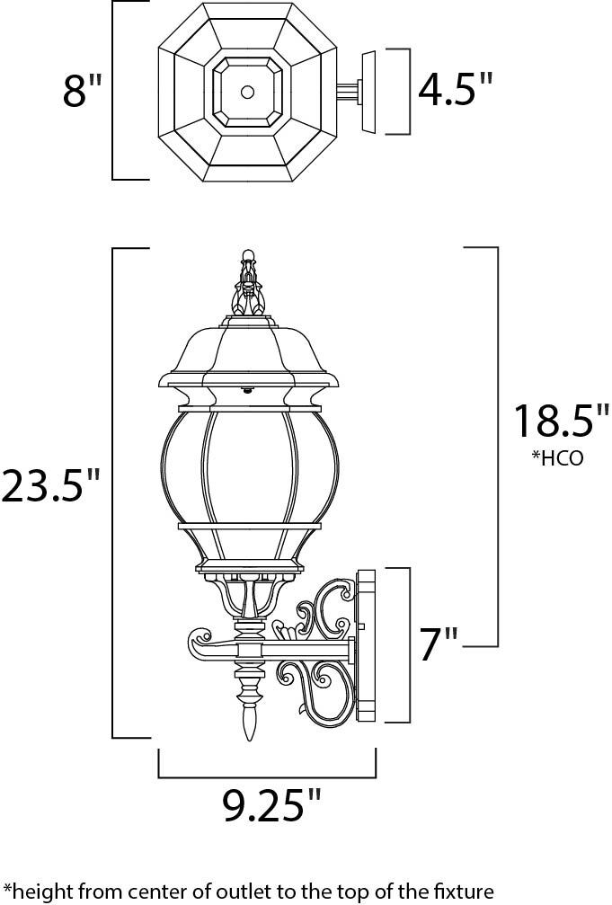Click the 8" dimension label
[x=84, y=91]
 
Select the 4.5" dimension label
[x=457, y=90]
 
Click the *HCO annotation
[x=557, y=458]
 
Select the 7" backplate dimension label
[x=439, y=643]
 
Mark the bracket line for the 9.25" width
[x=267, y=775]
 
